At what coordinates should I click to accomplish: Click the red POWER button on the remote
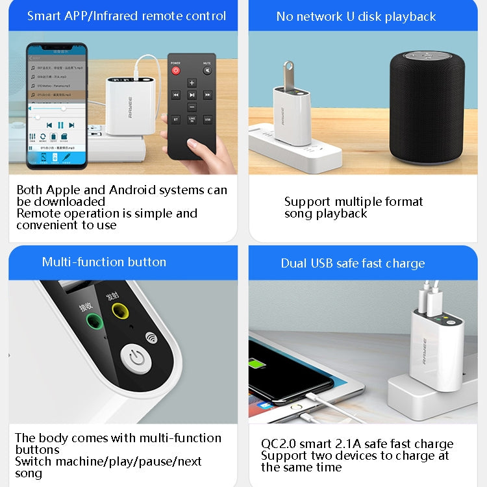(175, 69)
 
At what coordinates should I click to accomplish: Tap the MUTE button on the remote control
(207, 69)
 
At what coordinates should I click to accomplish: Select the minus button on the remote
(192, 106)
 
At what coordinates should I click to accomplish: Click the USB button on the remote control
(207, 119)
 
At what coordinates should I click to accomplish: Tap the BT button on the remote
(176, 119)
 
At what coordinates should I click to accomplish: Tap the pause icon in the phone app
(60, 125)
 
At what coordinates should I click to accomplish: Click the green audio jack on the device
(95, 321)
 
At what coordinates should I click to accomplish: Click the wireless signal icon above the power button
(151, 337)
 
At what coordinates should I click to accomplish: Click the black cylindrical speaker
(427, 106)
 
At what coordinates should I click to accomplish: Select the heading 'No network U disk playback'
(356, 17)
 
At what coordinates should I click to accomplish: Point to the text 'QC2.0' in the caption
(278, 444)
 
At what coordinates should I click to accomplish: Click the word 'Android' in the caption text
(136, 190)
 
